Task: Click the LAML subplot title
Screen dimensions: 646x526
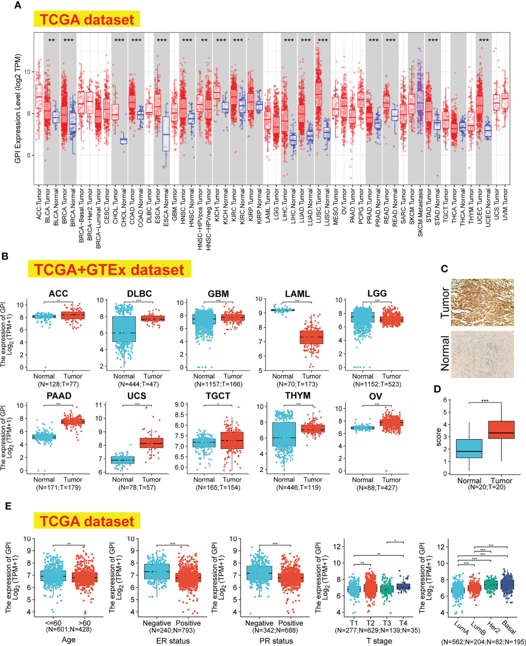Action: click(297, 293)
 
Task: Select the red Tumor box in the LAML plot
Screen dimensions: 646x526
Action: click(311, 337)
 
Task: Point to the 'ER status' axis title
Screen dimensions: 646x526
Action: click(172, 641)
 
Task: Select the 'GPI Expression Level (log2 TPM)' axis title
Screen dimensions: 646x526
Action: click(18, 107)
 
